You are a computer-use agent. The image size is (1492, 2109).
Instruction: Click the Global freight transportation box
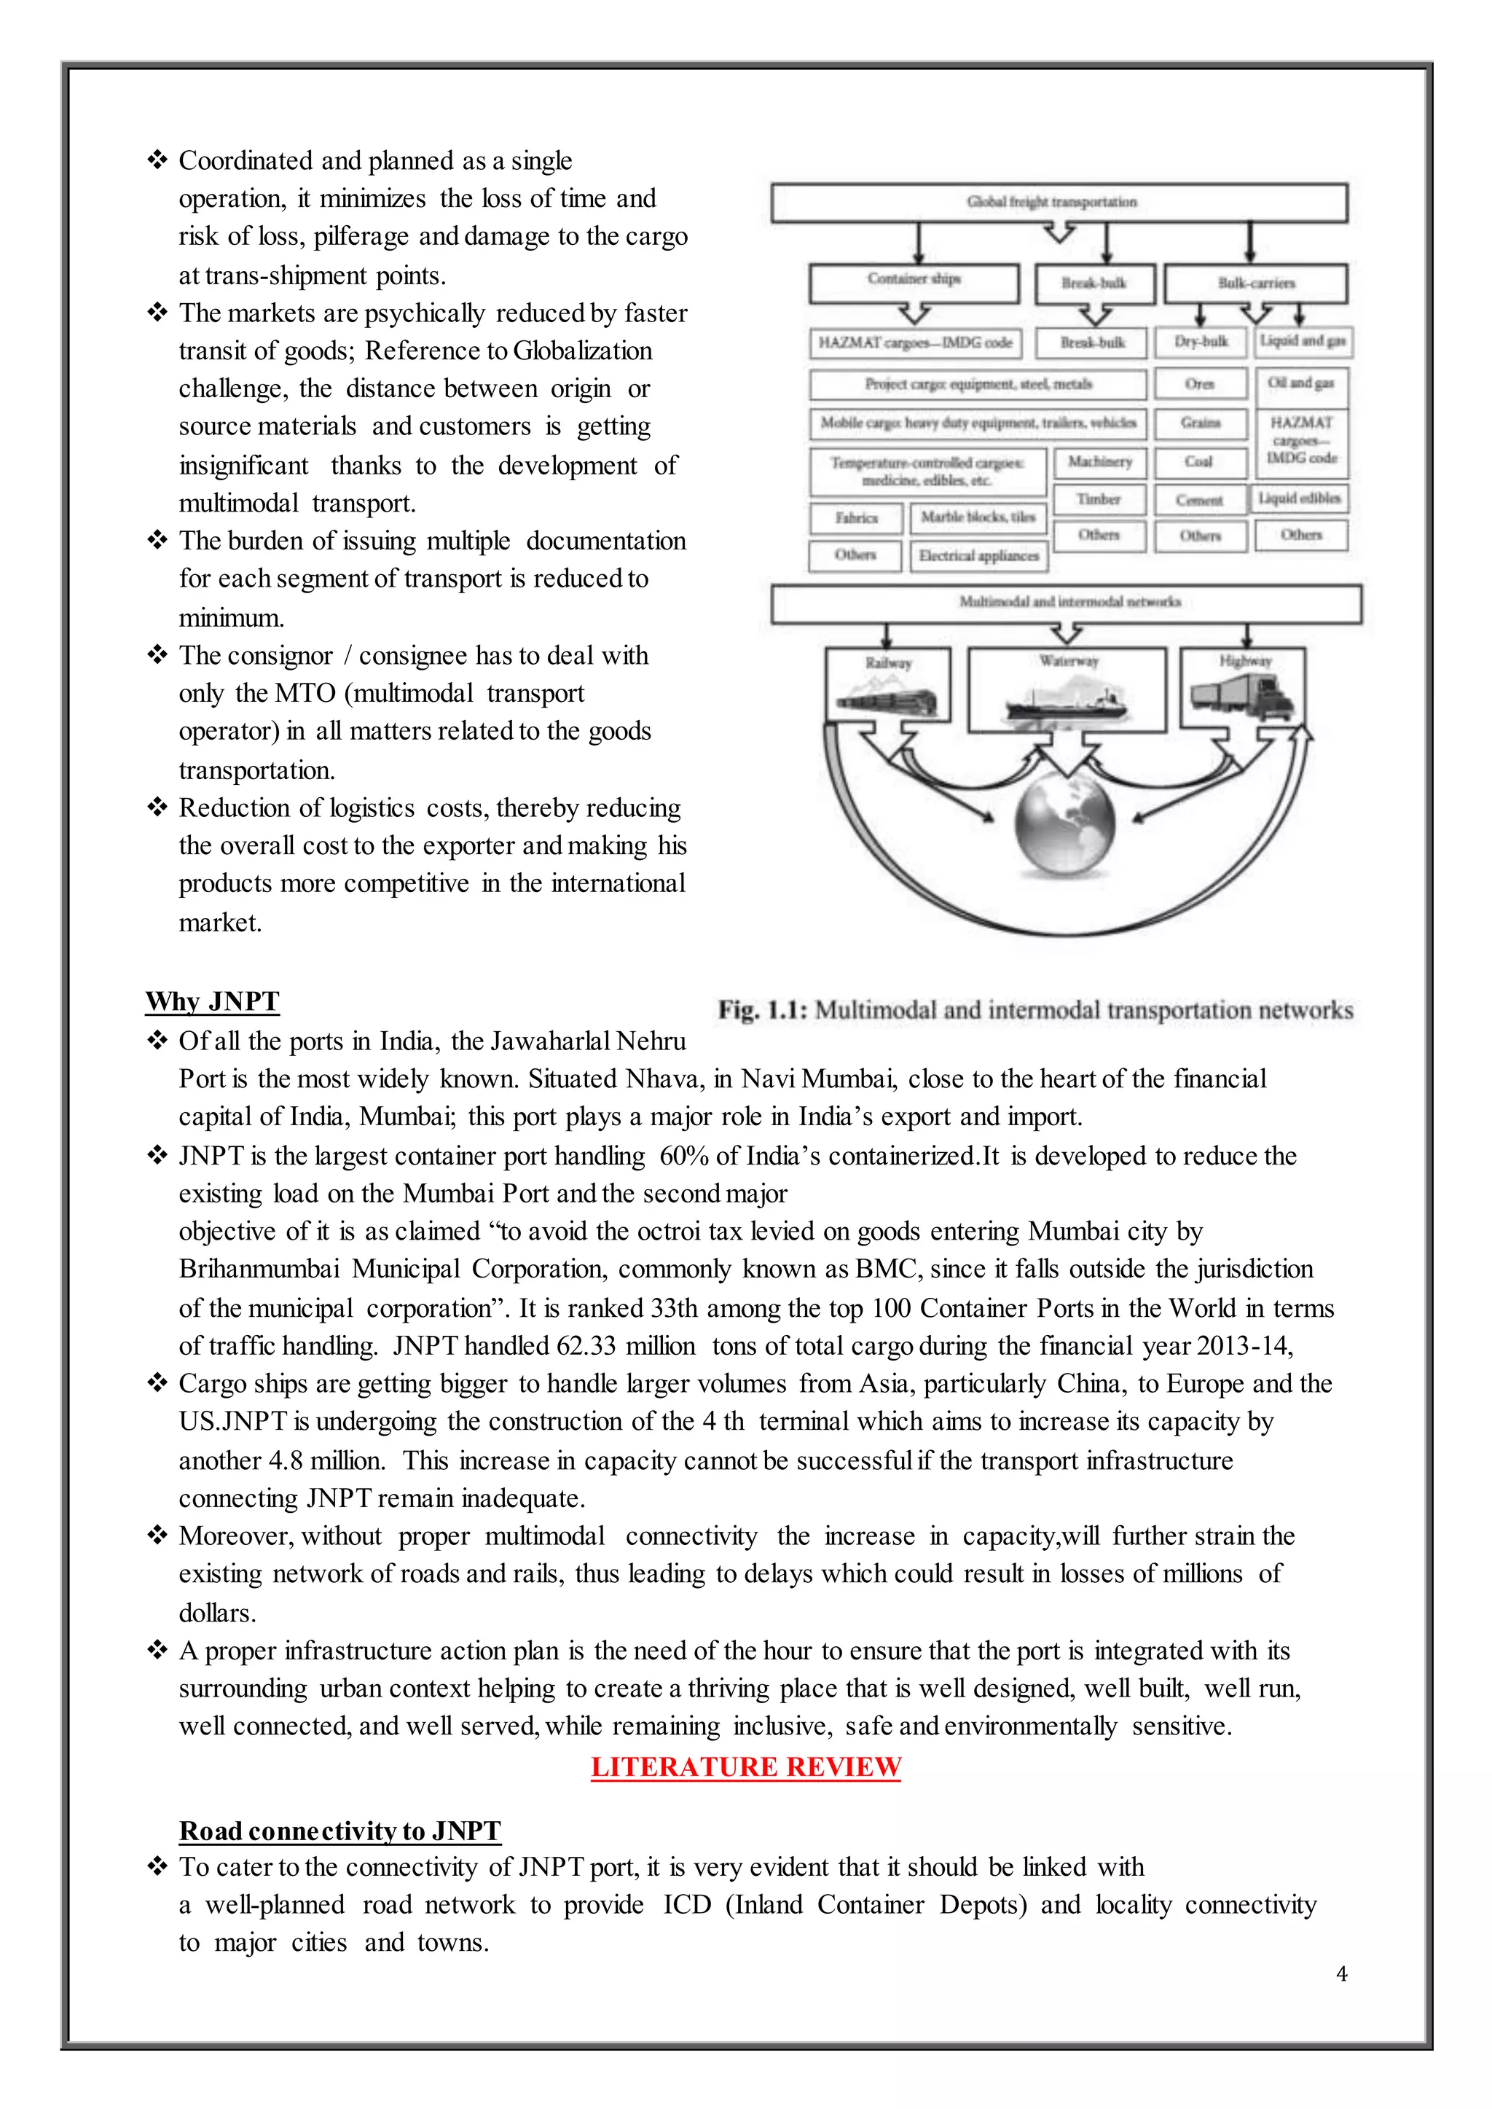[1059, 202]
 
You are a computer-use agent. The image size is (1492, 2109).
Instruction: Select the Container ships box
[914, 281]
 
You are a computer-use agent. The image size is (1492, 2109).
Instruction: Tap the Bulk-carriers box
[1255, 283]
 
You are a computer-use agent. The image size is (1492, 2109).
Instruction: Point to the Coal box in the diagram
[1199, 462]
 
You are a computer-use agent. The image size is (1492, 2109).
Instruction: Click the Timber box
[1099, 499]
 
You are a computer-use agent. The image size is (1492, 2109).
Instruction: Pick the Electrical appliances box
[978, 556]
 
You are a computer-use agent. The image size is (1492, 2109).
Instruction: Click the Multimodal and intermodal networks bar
[1066, 603]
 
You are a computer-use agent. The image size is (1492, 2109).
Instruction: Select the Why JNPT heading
[211, 1001]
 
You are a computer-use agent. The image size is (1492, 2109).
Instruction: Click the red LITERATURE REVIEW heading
[745, 1767]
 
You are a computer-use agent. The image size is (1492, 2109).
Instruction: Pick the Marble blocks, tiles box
[978, 517]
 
